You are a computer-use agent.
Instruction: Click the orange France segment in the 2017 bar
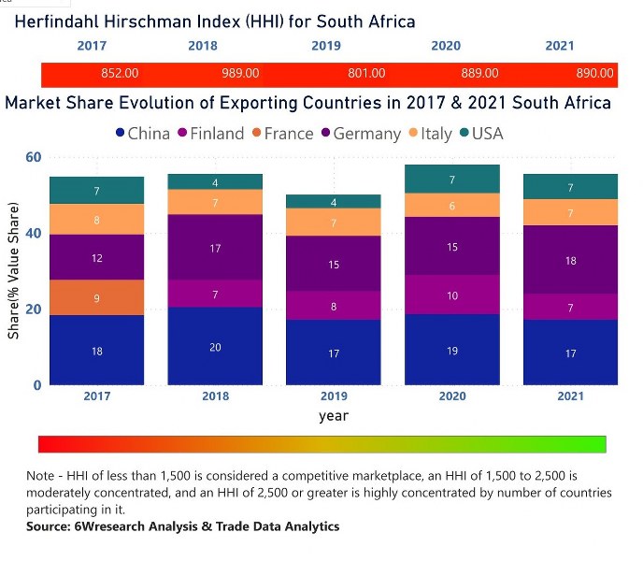97,297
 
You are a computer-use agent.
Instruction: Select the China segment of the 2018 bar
215,345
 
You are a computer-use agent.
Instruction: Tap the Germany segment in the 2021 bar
570,260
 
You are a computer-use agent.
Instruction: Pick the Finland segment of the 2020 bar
452,295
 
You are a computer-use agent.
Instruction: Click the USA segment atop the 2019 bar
334,201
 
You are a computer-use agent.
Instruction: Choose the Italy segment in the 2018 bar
215,202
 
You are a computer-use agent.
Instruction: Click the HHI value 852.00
120,73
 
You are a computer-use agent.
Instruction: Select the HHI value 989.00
240,73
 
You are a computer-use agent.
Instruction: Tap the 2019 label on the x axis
334,396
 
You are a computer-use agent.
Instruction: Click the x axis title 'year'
334,416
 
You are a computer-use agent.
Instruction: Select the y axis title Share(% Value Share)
14,271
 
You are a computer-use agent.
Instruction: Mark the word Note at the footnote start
42,475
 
